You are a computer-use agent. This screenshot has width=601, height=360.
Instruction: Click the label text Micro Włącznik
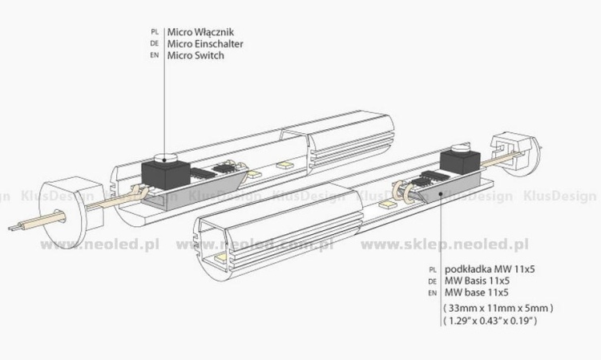point(200,32)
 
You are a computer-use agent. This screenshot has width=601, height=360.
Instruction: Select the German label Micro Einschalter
point(205,44)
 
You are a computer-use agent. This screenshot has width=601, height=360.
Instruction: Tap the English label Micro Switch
point(196,55)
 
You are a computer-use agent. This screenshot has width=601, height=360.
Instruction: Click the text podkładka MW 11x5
point(490,269)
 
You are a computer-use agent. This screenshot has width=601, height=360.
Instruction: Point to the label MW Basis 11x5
point(477,281)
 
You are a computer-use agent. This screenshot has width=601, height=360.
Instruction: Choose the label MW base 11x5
point(476,293)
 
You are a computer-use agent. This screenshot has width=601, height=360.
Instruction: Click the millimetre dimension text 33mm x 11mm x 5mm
point(498,308)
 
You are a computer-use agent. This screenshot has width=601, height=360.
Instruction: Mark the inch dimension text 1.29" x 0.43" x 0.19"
point(490,321)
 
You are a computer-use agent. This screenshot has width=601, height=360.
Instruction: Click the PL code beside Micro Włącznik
point(155,32)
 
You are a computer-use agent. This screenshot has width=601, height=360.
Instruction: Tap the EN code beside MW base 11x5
point(433,293)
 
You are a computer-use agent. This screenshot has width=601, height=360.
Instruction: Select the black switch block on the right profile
point(460,161)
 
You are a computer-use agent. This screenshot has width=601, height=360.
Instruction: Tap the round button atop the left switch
point(165,157)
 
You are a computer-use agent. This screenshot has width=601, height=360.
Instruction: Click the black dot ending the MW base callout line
point(442,194)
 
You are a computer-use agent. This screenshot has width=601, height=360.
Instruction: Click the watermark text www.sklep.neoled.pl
point(445,245)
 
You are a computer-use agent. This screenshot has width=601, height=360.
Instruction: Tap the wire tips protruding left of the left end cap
point(15,227)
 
